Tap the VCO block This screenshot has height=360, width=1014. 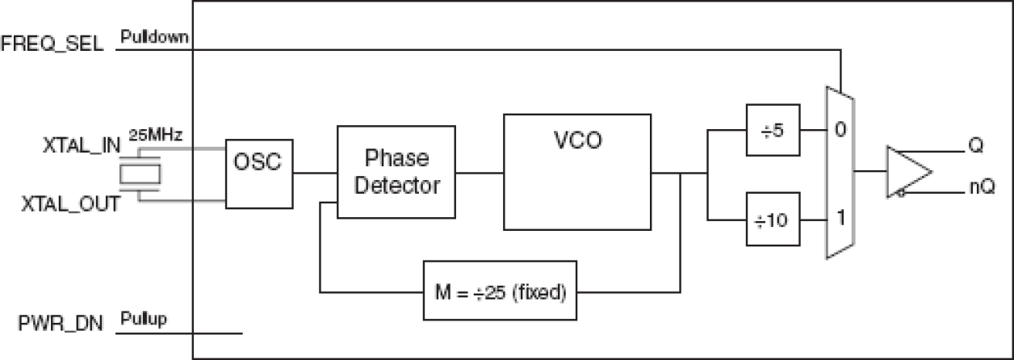pos(576,171)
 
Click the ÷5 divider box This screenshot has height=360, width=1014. pos(773,130)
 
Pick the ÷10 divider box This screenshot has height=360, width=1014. pos(773,219)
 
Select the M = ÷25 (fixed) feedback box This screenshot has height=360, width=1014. pos(500,291)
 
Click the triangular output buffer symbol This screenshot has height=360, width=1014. pos(907,171)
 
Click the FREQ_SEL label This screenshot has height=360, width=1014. pos(52,44)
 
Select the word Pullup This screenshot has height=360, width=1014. pos(144,320)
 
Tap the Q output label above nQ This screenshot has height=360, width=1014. pos(974,148)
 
